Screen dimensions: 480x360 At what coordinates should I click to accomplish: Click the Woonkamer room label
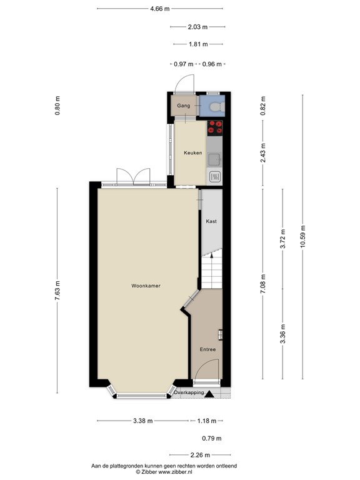tap(146, 286)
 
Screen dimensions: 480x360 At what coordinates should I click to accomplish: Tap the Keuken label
tap(192, 152)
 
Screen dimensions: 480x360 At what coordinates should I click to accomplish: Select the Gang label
tap(183, 106)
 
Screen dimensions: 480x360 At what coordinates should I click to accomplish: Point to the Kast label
tap(211, 221)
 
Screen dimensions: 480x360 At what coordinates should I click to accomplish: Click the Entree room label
tap(207, 349)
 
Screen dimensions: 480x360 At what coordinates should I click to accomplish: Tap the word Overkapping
tap(189, 392)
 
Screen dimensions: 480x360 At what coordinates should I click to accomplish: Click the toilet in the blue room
tap(216, 107)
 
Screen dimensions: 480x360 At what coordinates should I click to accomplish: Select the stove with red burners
tap(215, 127)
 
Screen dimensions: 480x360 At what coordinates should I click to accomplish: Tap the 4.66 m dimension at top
tap(160, 9)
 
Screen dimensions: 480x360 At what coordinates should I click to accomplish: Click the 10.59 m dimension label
tap(302, 236)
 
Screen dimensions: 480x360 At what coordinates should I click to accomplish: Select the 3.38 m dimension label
tap(142, 421)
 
